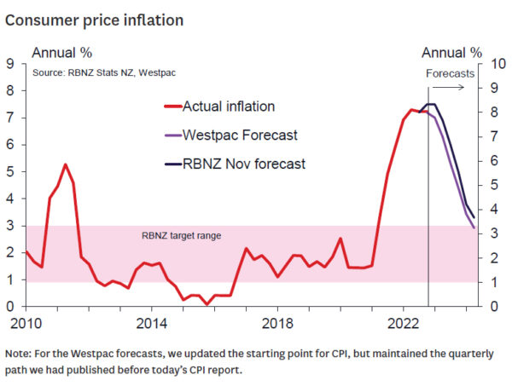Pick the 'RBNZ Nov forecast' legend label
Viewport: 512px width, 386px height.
click(244, 164)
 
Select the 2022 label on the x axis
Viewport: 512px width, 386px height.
click(404, 325)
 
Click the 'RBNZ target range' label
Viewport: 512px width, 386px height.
click(181, 234)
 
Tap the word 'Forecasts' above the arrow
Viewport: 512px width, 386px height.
click(450, 73)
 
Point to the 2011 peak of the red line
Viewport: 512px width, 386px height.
click(65, 164)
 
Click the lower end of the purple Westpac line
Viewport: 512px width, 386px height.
click(474, 227)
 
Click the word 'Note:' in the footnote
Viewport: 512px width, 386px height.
click(20, 353)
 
